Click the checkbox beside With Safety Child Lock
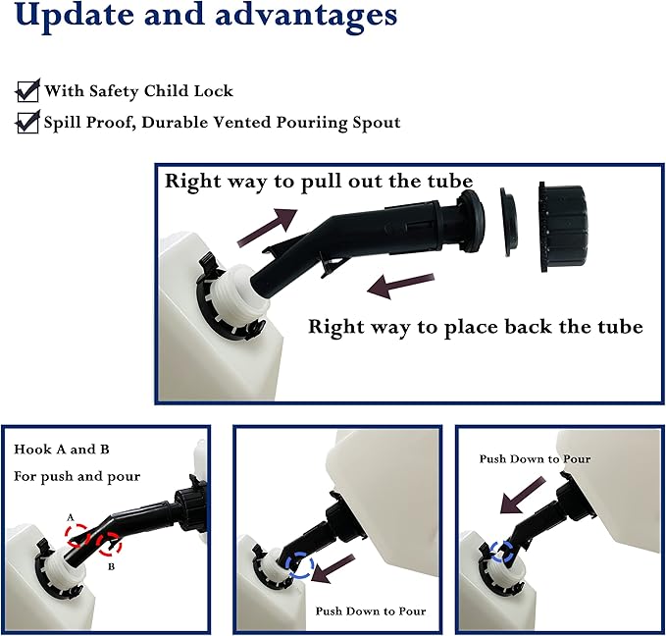[x=27, y=90]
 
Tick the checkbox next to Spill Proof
[x=27, y=122]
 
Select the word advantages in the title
[x=306, y=16]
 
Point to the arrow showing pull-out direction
[x=268, y=228]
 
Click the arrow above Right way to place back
[x=400, y=286]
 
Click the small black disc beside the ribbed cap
[x=509, y=222]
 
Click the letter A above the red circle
[x=71, y=517]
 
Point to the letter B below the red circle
[x=111, y=566]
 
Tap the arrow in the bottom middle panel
[x=333, y=569]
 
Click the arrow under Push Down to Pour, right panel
[x=523, y=495]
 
